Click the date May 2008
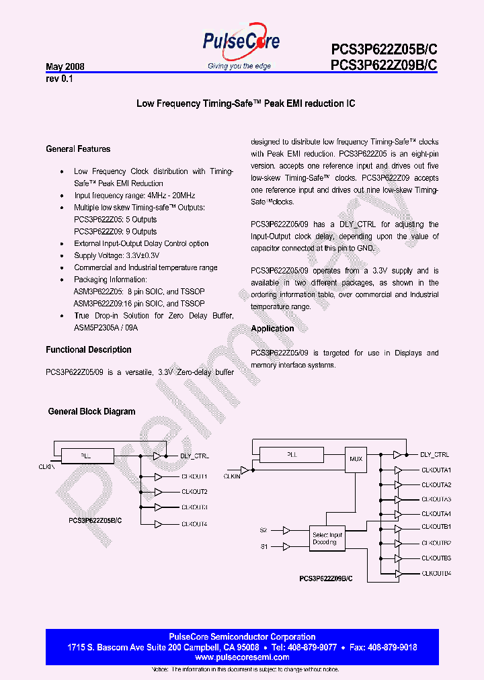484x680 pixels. (65, 67)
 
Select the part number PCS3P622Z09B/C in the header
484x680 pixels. (384, 65)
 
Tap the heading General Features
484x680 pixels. (78, 149)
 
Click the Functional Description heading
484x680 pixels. (89, 350)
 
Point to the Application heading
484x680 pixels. (272, 329)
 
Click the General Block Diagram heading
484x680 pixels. (91, 412)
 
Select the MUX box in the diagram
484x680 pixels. (356, 460)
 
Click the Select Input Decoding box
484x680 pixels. (327, 539)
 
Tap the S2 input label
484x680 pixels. (264, 530)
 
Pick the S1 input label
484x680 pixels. (264, 546)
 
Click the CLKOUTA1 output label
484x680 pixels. (436, 470)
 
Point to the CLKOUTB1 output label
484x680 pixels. (436, 526)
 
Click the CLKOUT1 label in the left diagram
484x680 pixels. (194, 476)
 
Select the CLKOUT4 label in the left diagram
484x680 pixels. (194, 523)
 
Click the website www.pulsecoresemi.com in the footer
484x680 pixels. (241, 657)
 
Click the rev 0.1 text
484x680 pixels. (59, 79)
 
